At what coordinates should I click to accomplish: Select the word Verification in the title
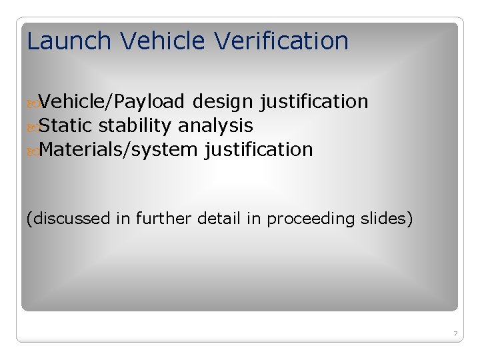pos(281,41)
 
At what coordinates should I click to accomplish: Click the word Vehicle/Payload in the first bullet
pos(111,102)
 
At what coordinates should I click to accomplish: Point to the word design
pos(223,102)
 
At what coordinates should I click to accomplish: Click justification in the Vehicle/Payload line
pos(313,102)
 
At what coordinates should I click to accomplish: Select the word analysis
pos(215,125)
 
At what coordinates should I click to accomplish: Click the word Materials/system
pos(119,149)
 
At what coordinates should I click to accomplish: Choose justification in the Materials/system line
pos(259,149)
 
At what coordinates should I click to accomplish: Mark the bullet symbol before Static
pos(32,126)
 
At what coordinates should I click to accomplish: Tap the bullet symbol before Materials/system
pos(32,150)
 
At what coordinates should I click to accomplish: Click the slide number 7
pos(455,333)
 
